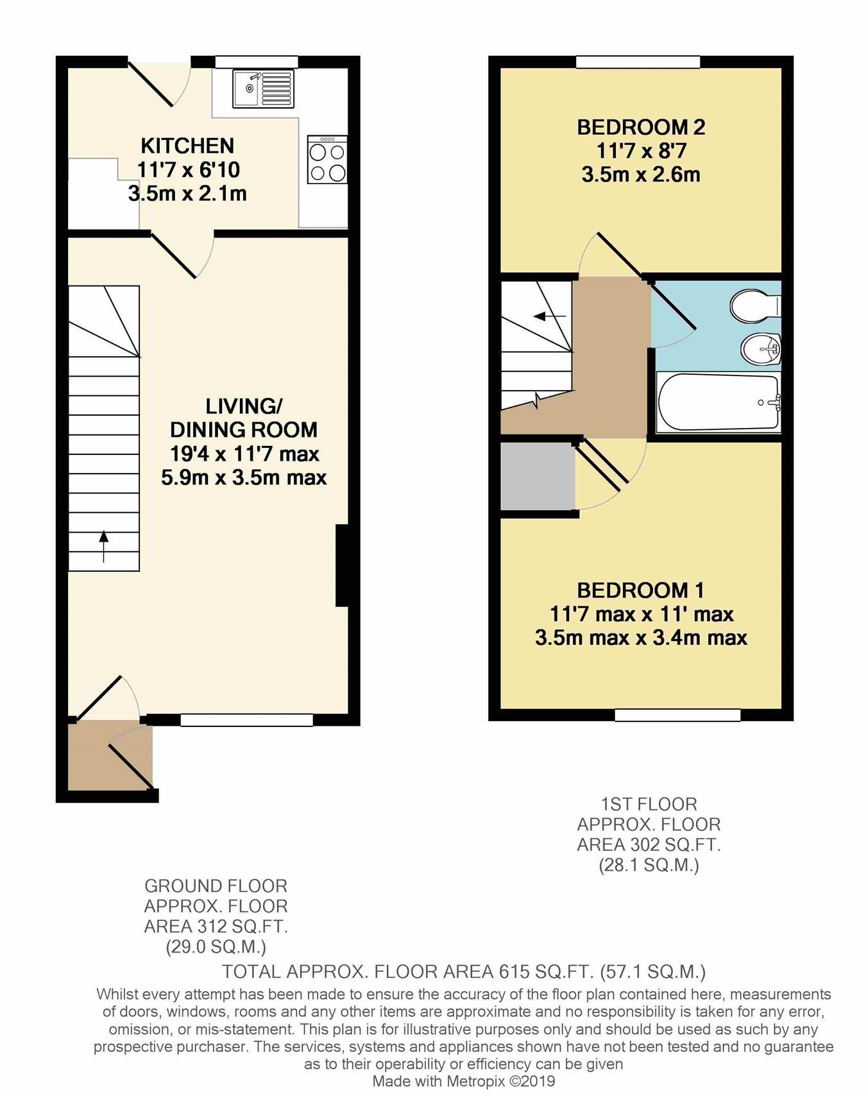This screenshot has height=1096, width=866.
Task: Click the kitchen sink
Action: click(x=263, y=89)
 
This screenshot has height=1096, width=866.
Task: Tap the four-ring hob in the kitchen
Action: click(x=327, y=160)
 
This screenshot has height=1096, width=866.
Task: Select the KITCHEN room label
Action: click(x=187, y=146)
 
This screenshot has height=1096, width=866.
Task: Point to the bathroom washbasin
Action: click(x=761, y=350)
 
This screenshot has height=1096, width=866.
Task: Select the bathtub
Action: click(x=718, y=402)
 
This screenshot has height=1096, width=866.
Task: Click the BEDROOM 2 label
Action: click(x=641, y=127)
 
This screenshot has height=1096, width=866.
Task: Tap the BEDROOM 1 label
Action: click(x=640, y=590)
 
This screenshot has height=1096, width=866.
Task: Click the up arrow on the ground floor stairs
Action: click(x=103, y=545)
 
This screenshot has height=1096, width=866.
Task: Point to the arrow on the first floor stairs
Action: click(x=550, y=316)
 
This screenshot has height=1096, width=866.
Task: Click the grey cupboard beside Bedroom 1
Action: click(x=538, y=476)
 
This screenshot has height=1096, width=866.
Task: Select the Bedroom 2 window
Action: click(x=638, y=62)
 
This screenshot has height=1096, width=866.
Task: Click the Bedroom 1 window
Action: click(x=677, y=715)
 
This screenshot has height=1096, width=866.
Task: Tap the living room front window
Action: click(x=246, y=720)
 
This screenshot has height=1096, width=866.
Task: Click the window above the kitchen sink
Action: click(x=257, y=62)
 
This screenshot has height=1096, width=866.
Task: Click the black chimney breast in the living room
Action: click(x=343, y=565)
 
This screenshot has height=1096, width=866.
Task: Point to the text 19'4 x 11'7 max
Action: click(x=244, y=454)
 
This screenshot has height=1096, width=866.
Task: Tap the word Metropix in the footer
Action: click(x=475, y=1081)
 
